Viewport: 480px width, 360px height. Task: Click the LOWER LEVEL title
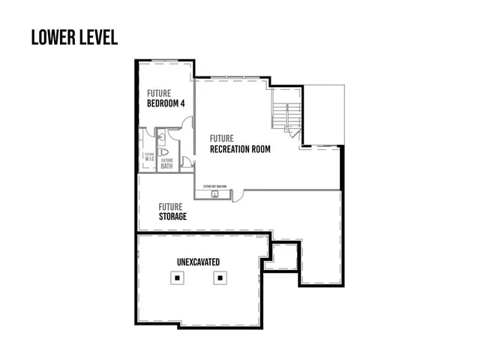(x=74, y=37)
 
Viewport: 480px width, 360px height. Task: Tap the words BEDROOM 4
(x=165, y=103)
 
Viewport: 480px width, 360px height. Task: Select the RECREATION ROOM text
(x=240, y=149)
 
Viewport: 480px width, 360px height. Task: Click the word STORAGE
(x=172, y=217)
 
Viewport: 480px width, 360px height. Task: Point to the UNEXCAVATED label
(x=198, y=262)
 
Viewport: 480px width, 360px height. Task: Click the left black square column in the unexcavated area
(x=177, y=277)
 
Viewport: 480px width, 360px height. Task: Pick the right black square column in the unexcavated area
(x=220, y=277)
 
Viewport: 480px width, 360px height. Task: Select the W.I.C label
(x=148, y=158)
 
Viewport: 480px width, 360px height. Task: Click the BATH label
(x=166, y=166)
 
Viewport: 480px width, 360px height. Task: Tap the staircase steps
(x=280, y=116)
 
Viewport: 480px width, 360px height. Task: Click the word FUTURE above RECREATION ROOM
(x=222, y=138)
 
